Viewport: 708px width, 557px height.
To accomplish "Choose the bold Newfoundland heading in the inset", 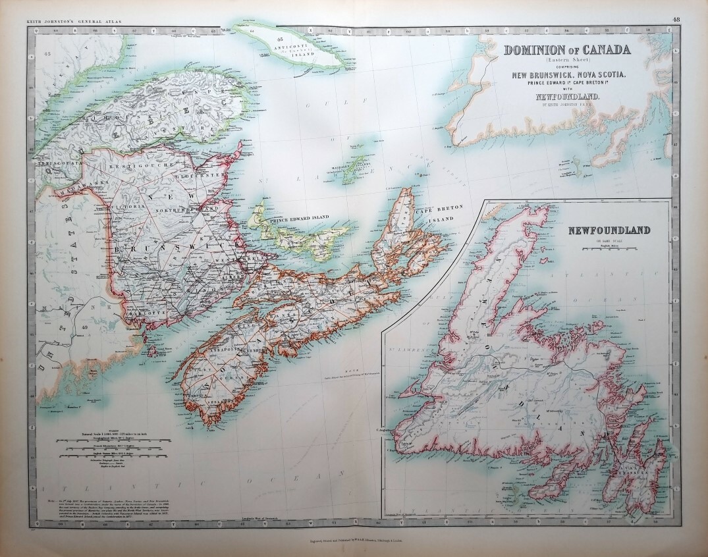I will tap(609, 230).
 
